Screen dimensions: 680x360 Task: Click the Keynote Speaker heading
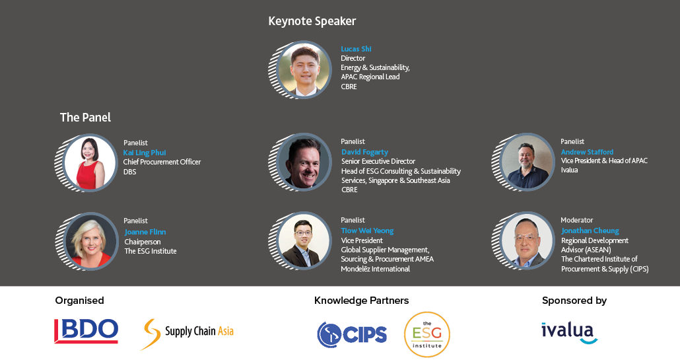tap(312, 21)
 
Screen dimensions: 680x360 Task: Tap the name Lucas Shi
tap(356, 49)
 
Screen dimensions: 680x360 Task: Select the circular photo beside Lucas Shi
tap(304, 69)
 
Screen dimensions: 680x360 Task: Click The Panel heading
tap(85, 117)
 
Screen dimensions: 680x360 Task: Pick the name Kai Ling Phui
tap(145, 153)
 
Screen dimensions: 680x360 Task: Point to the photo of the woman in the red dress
tap(90, 162)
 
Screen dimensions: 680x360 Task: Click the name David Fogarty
tap(364, 152)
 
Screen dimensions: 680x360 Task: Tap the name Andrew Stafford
tap(587, 152)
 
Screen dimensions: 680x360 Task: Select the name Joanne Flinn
tap(145, 232)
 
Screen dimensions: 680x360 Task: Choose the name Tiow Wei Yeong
tap(367, 231)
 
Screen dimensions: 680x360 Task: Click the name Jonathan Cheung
tap(590, 231)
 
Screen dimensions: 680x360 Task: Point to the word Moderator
tap(577, 220)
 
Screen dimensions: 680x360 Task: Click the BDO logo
tap(86, 331)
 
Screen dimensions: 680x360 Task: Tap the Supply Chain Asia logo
tap(187, 333)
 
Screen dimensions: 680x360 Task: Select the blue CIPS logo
tap(352, 335)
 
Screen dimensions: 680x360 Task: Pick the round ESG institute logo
tap(427, 334)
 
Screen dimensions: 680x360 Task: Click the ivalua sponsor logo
tap(569, 333)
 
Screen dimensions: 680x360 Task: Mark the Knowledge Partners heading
tap(362, 300)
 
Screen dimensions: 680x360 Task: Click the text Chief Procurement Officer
tap(162, 162)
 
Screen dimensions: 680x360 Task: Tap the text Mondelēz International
tap(376, 269)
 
